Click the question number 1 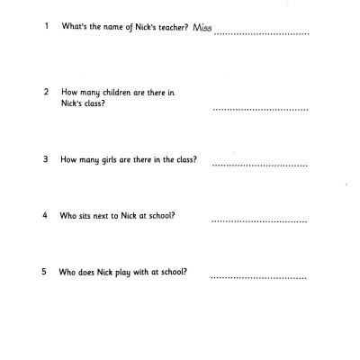tap(45, 26)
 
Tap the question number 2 tap(46, 93)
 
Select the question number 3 tap(45, 160)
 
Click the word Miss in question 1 tap(203, 27)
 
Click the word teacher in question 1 tap(165, 27)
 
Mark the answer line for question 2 tap(260, 110)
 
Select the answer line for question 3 tap(260, 166)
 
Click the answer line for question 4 tap(260, 221)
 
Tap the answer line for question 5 tap(260, 277)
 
